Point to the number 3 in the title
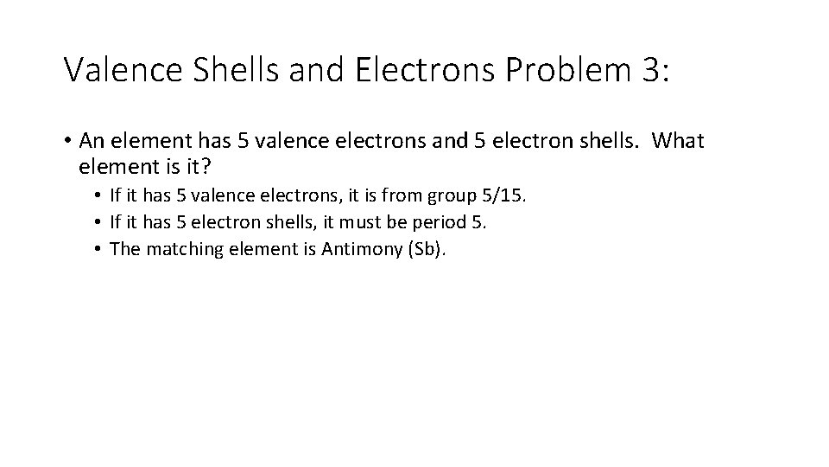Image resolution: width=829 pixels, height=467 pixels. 652,70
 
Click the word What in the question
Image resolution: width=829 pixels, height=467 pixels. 679,140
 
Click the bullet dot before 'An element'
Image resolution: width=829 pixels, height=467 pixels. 67,140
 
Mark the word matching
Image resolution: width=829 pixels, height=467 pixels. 178,249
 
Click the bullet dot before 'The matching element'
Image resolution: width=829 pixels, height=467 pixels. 101,249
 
